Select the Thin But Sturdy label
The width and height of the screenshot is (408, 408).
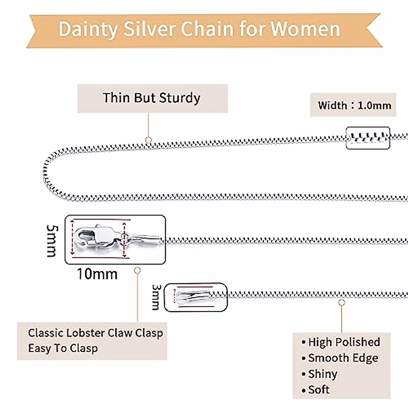(x=152, y=98)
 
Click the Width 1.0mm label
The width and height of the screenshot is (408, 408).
(x=354, y=105)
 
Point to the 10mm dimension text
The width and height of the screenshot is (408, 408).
(x=97, y=274)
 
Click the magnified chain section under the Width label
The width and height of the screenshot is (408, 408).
(x=368, y=138)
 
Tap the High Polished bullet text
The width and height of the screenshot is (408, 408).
(x=344, y=342)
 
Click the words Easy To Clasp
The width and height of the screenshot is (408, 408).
(x=63, y=348)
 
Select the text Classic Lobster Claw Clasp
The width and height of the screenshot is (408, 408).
(x=95, y=333)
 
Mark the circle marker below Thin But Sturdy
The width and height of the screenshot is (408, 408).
(x=148, y=140)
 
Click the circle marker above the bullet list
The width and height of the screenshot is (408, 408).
(x=342, y=302)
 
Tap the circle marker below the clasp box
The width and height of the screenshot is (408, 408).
(x=137, y=271)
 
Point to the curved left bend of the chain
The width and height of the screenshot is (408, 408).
(x=46, y=172)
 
